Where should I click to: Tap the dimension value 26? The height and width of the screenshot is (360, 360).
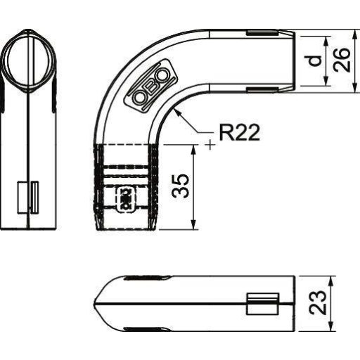click(342, 60)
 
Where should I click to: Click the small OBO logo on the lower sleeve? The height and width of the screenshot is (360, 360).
click(124, 199)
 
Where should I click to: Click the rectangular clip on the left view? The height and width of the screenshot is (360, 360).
click(28, 196)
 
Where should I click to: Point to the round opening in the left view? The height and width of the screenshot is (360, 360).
click(28, 62)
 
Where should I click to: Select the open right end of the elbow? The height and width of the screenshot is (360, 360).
click(293, 60)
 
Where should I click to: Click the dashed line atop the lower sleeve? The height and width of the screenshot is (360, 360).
click(127, 145)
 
